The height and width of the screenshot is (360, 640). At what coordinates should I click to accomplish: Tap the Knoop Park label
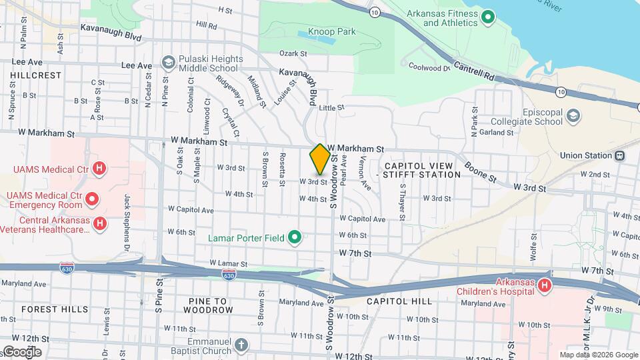(331, 32)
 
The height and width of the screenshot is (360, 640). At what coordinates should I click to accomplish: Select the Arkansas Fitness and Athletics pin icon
(487, 17)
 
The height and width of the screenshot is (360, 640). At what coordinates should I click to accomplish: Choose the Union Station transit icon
(619, 155)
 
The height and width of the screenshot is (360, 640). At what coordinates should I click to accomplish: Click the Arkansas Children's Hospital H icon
(545, 285)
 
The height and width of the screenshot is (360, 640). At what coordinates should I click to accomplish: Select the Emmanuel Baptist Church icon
(241, 345)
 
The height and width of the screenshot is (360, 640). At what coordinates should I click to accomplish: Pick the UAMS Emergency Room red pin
(92, 199)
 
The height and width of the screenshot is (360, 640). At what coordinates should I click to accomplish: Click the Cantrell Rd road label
(475, 72)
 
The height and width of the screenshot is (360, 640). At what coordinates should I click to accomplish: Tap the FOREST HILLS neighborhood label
(55, 309)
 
